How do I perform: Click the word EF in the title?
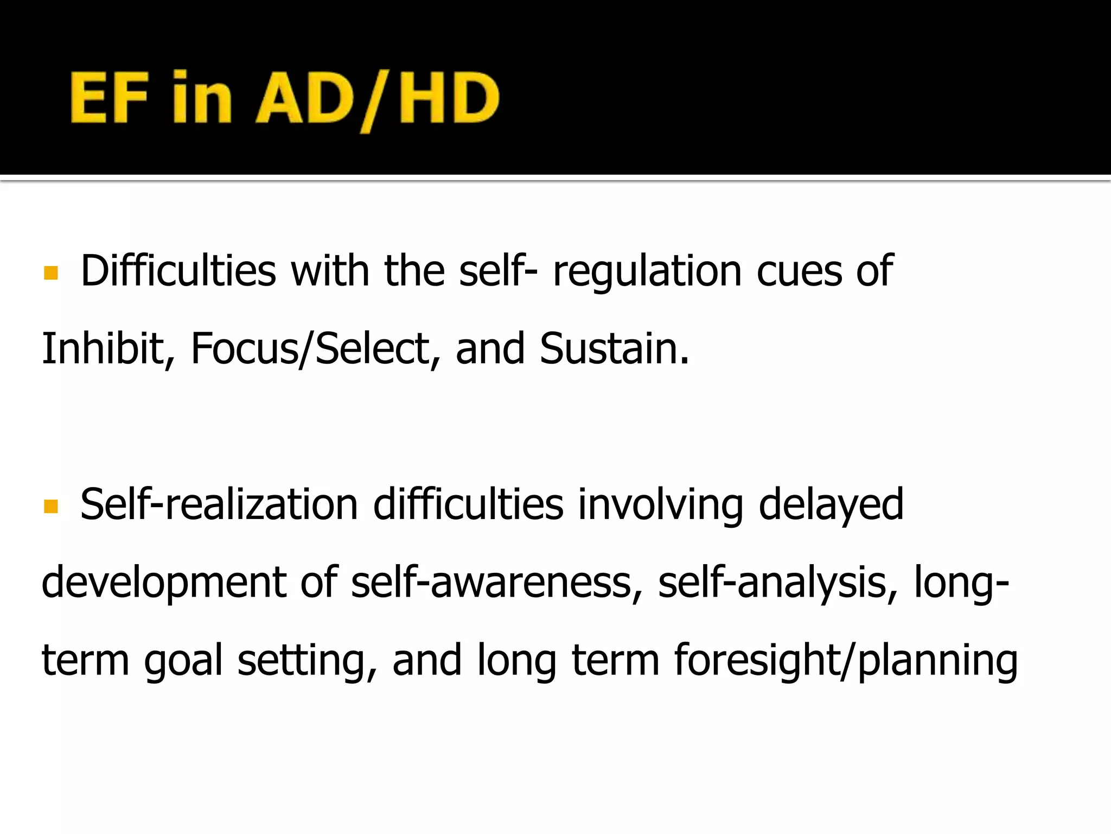tap(109, 98)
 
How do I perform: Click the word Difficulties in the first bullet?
tap(178, 271)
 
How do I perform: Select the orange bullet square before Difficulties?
tap(51, 273)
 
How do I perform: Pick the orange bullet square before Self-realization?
tap(51, 507)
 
